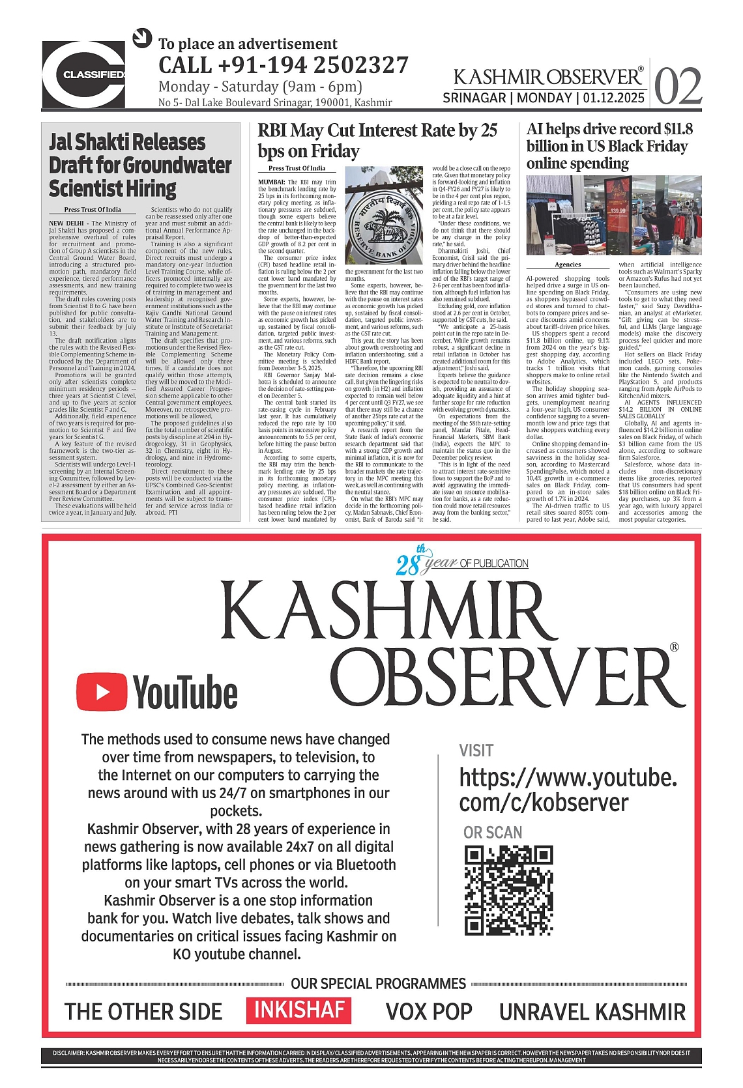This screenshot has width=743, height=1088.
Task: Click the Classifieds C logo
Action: (x=83, y=74)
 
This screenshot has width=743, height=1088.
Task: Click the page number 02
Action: (x=678, y=87)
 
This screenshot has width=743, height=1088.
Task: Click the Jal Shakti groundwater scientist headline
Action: (x=140, y=165)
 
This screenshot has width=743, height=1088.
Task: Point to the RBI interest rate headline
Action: (x=377, y=140)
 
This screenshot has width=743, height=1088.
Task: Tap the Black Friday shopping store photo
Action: (x=614, y=214)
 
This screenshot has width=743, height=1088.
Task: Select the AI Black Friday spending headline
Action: (x=609, y=146)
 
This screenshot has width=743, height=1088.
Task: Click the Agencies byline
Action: (x=568, y=265)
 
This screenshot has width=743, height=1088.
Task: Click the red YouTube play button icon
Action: (x=102, y=691)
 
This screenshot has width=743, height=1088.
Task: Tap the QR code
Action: (x=508, y=890)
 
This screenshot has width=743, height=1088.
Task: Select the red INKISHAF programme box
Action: (x=299, y=1010)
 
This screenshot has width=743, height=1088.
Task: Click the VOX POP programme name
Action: (x=429, y=1012)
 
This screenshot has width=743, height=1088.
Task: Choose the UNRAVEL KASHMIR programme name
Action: (x=592, y=1012)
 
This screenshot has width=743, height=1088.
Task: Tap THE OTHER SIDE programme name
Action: (x=143, y=1012)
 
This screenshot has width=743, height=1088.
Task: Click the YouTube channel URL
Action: (x=568, y=790)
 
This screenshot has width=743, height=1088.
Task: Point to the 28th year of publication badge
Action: (x=461, y=562)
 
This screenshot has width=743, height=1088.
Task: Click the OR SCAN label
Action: (x=493, y=832)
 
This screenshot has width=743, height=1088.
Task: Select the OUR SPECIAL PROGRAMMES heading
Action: (x=378, y=984)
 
